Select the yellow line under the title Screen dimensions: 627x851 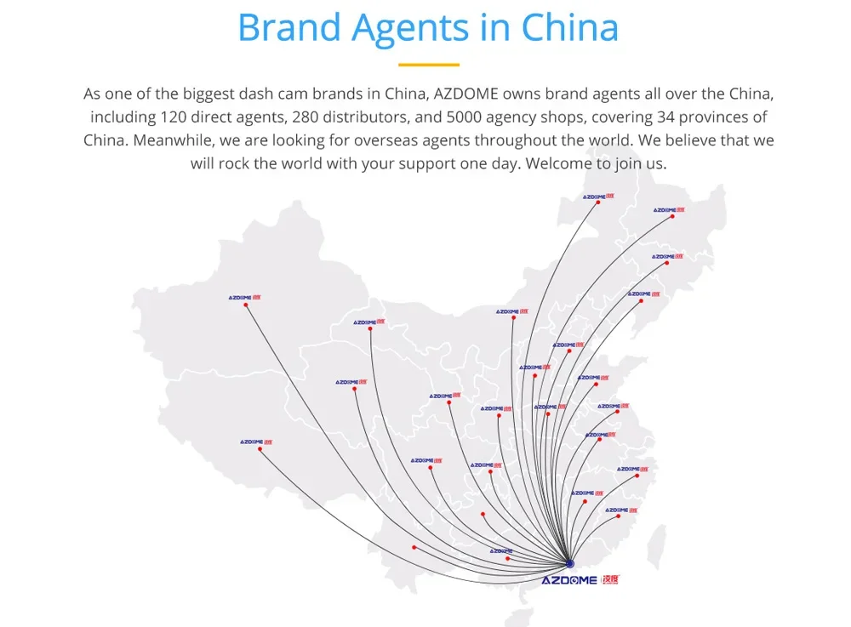point(428,65)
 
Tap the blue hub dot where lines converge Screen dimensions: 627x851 point(570,563)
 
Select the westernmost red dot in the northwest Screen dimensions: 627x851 point(246,305)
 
